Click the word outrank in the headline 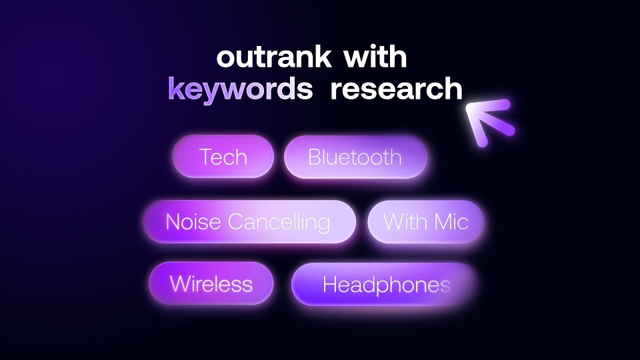[x=273, y=57]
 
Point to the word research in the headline [x=396, y=88]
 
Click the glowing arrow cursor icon [x=489, y=121]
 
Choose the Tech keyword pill [x=223, y=157]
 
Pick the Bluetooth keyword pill [x=355, y=157]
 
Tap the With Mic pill [x=426, y=221]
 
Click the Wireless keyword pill [x=211, y=283]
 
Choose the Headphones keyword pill [x=384, y=284]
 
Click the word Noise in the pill [x=193, y=221]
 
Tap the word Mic [x=451, y=221]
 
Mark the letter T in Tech [x=206, y=157]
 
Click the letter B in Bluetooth [x=315, y=157]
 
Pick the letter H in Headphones [x=329, y=284]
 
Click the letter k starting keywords [x=176, y=88]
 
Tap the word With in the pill [x=405, y=221]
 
